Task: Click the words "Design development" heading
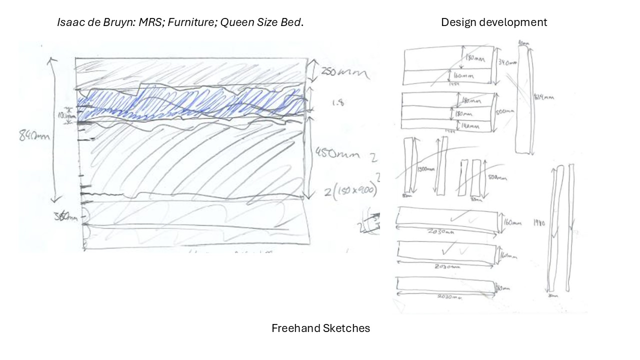[x=493, y=22]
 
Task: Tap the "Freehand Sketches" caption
[x=320, y=328]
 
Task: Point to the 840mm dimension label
[x=34, y=135]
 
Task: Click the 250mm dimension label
[x=345, y=73]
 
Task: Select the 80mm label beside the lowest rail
[x=502, y=288]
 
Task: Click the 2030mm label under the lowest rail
[x=448, y=297]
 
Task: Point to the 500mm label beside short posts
[x=497, y=177]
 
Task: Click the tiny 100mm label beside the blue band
[x=64, y=115]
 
